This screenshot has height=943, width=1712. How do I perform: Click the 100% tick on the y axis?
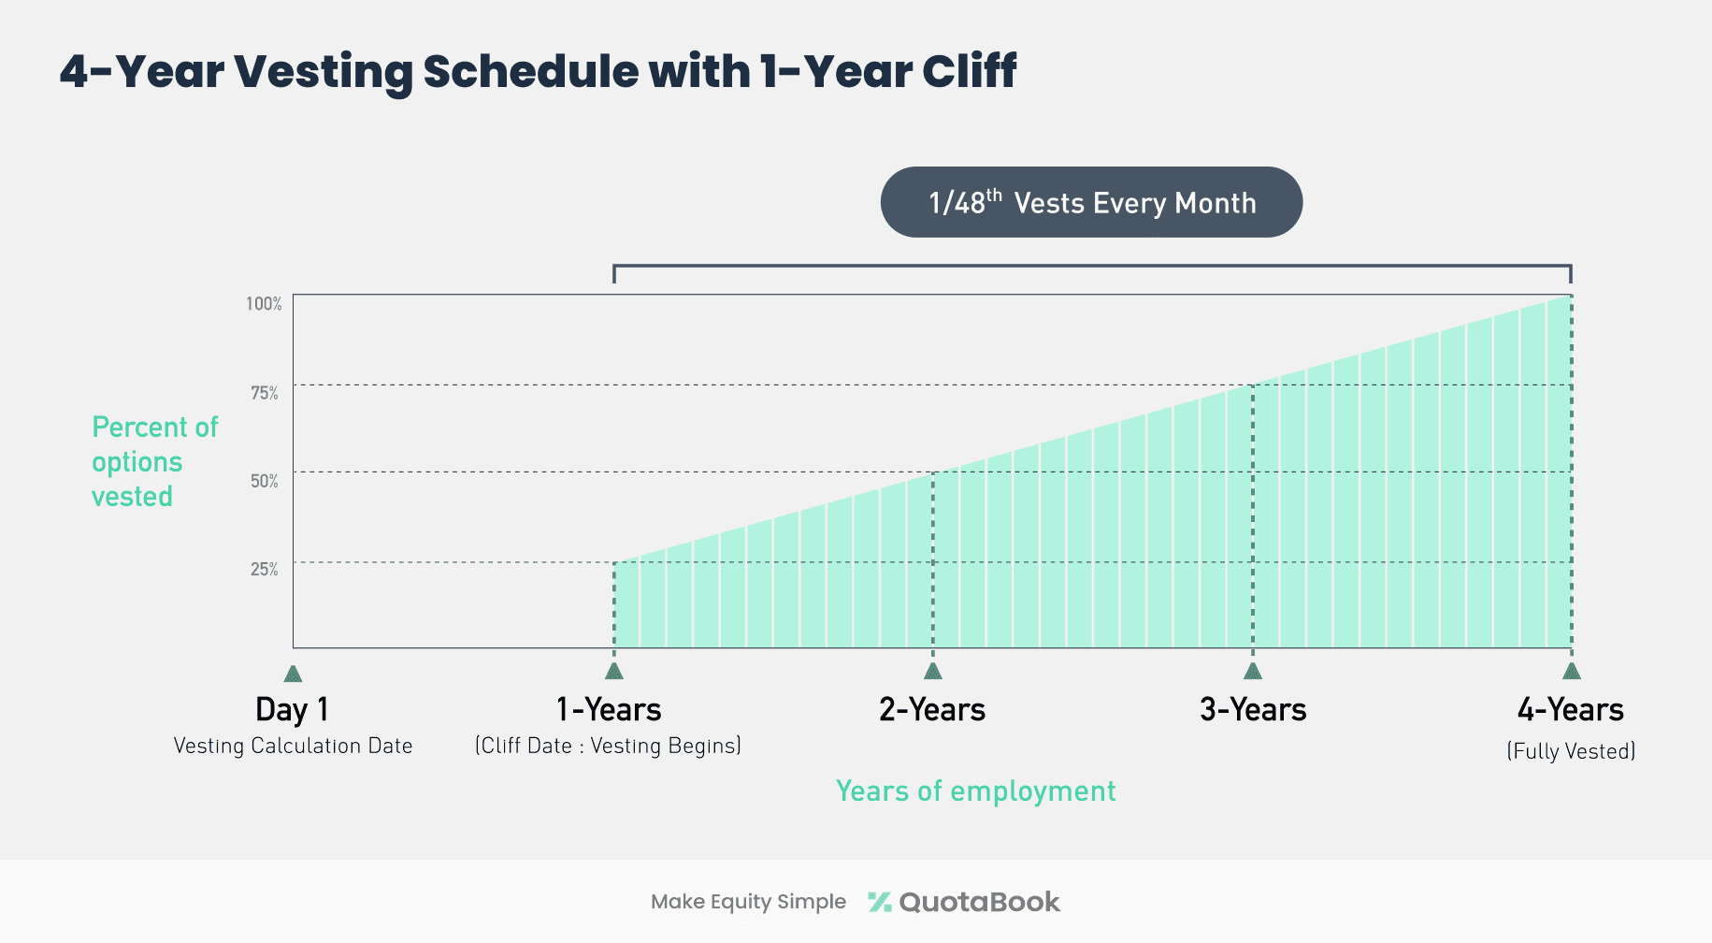pos(264,304)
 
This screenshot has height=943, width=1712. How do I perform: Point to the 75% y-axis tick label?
pos(265,393)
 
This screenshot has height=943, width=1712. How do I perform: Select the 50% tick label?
pos(265,481)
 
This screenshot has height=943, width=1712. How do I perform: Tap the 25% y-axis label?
pos(265,569)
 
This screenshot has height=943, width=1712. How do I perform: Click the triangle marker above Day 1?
pos(293,674)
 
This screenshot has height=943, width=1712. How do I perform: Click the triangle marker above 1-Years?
pos(614,671)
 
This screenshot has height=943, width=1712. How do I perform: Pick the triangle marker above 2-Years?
pos(932,671)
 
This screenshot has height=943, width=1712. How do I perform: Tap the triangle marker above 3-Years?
pos(1253,671)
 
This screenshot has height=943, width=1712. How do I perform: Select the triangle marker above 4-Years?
pos(1572,671)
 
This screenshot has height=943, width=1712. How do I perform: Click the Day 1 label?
pos(292,709)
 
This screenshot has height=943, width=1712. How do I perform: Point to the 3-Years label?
pos(1253,709)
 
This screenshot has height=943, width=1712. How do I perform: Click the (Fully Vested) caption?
pos(1571,751)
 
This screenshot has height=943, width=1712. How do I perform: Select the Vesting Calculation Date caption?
pos(293,746)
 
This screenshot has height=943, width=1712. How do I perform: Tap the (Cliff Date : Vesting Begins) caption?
pos(608,746)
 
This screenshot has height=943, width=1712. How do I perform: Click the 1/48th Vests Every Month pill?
pos(1091,202)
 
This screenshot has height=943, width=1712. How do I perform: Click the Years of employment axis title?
pos(975,791)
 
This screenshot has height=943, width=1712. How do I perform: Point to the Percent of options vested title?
pos(154,461)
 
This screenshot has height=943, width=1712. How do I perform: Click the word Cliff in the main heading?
pos(969,71)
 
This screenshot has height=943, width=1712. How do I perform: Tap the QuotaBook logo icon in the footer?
pos(879,902)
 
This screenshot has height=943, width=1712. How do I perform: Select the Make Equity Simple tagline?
pos(748,902)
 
